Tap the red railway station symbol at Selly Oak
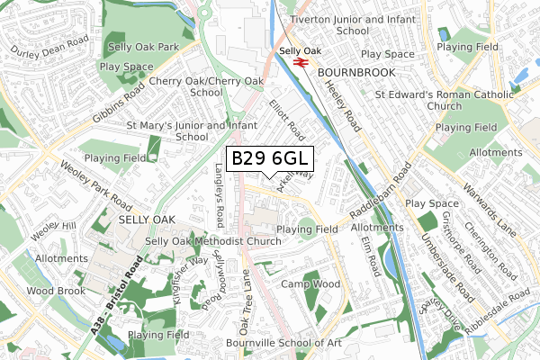299,64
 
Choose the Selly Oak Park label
143,47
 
